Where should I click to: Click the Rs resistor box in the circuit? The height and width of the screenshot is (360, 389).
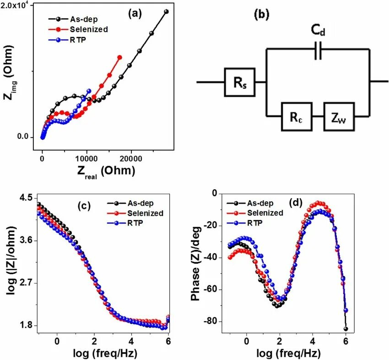(x=239, y=82)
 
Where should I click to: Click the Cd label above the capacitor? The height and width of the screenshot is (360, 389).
(x=319, y=31)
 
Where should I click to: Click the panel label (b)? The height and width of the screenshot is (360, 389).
(x=261, y=14)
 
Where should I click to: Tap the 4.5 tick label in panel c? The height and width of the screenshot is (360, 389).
(x=26, y=197)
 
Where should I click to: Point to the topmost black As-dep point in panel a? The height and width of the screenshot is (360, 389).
(x=166, y=11)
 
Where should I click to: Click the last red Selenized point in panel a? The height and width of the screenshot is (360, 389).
(x=120, y=57)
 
